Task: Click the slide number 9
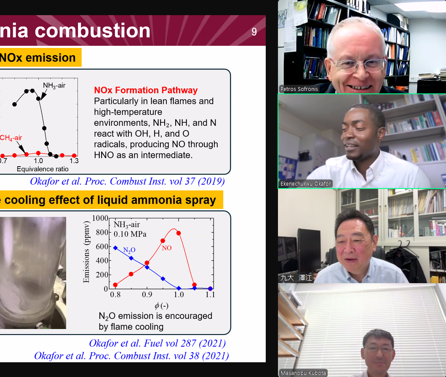point(254,32)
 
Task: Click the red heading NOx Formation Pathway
point(146,90)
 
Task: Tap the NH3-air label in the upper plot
point(54,85)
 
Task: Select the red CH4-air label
point(11,138)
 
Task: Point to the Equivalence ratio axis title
point(43,169)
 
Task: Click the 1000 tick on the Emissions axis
point(100,218)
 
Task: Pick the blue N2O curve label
point(129,250)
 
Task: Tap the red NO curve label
point(167,248)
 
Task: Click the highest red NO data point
point(179,233)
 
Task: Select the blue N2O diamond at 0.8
point(115,248)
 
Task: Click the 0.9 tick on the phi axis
point(147,295)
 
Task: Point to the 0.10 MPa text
point(130,234)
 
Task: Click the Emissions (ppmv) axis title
point(86,252)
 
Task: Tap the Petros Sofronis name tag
point(299,89)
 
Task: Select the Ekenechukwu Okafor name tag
point(305,184)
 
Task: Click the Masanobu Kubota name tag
point(303,373)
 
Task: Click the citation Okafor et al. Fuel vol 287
point(157,343)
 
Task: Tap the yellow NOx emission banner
point(41,58)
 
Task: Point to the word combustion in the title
point(92,30)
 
